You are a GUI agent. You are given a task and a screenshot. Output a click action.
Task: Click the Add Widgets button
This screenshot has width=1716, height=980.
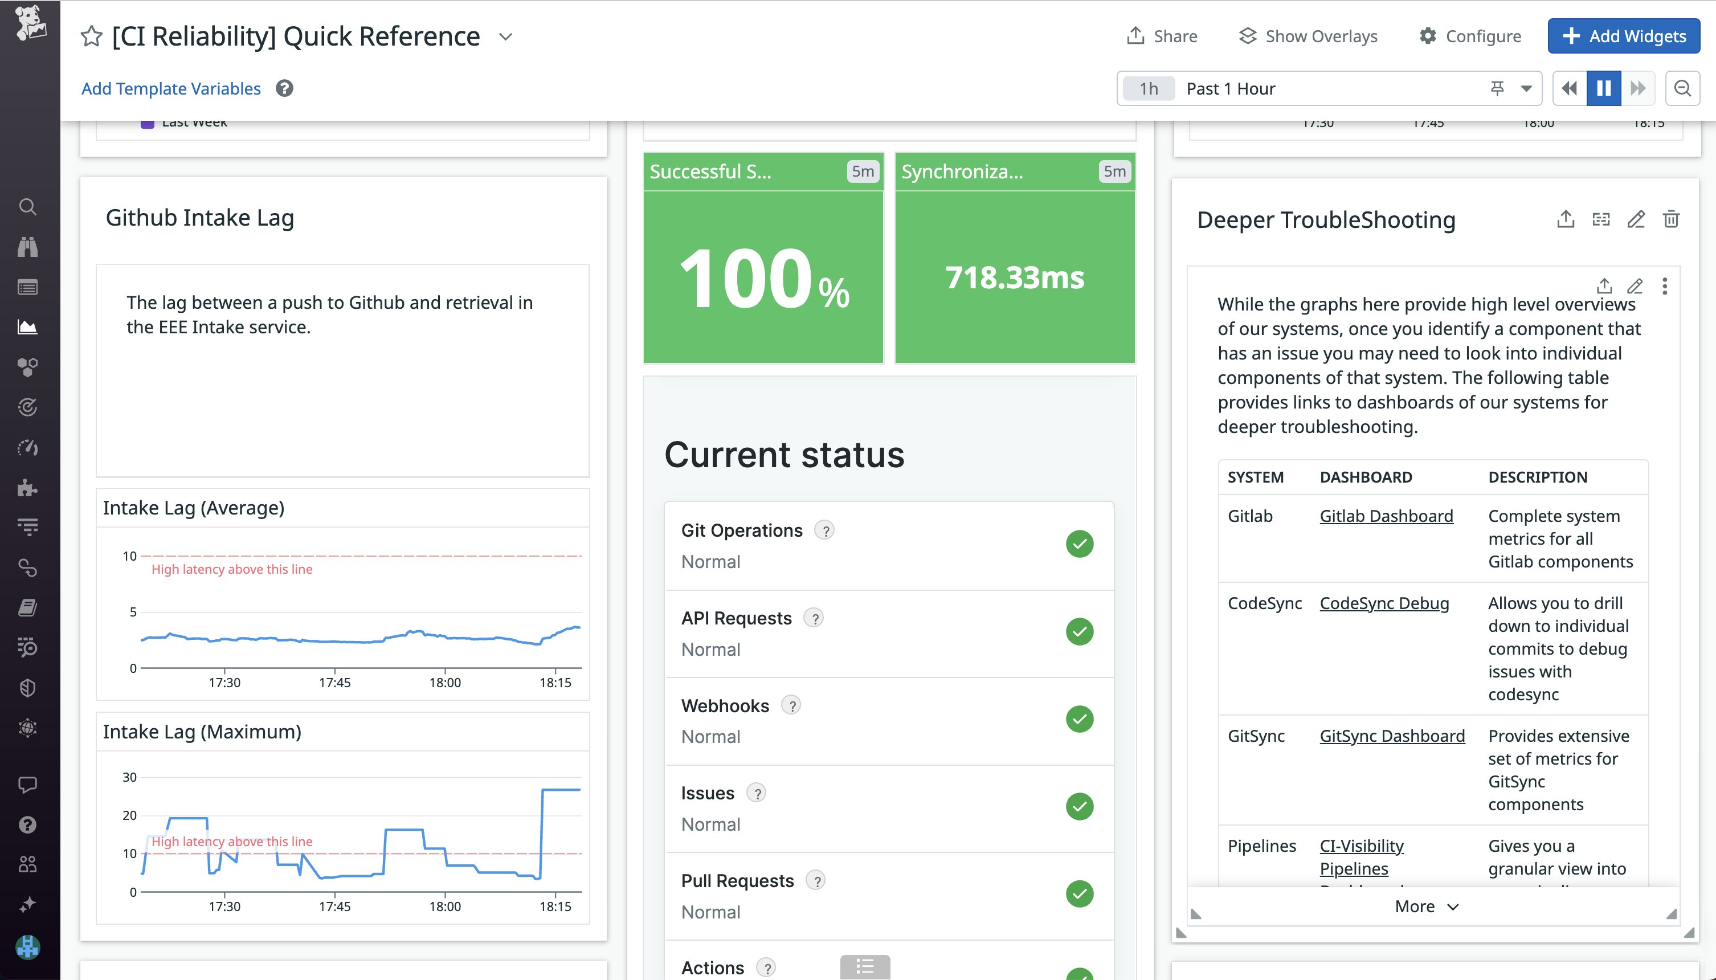[1623, 36]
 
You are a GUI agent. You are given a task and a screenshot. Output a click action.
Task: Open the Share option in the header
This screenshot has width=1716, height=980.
[1162, 36]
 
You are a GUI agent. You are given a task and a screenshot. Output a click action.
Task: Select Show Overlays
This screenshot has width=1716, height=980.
[1308, 36]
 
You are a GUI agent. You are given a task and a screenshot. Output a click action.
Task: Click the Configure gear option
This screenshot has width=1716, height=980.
[1470, 36]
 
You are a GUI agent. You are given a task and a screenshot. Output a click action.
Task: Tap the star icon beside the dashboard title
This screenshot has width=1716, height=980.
[92, 36]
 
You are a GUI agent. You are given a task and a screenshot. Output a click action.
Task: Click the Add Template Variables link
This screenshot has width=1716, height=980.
[171, 89]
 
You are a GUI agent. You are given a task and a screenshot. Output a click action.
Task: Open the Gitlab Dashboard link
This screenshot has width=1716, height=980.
[1386, 516]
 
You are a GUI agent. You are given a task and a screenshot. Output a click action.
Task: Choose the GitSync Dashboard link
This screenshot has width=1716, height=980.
[1392, 736]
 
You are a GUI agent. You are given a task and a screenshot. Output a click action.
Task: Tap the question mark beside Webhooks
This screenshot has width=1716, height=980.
[791, 705]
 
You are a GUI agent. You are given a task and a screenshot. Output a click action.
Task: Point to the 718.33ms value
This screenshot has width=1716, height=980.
[1014, 277]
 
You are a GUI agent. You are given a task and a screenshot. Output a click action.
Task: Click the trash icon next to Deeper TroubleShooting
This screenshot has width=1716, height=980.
[1671, 219]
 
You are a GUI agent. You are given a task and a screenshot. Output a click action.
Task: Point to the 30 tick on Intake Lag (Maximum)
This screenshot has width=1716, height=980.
[129, 777]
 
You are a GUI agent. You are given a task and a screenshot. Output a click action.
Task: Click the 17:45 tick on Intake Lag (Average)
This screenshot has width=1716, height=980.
[334, 683]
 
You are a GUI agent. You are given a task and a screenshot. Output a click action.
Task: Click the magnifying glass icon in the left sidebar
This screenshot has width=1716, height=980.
[27, 207]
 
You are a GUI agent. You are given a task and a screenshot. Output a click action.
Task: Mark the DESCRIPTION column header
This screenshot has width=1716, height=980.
[1537, 477]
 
